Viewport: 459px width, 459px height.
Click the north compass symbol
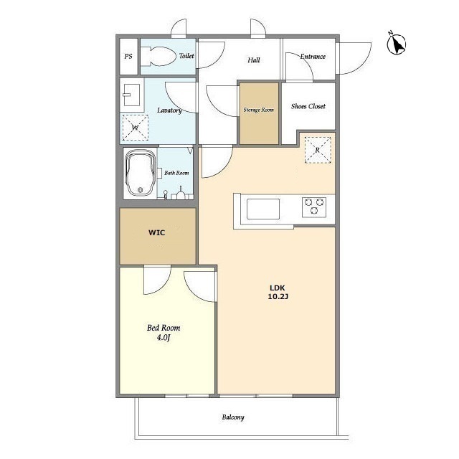(x=397, y=44)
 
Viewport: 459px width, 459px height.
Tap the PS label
(x=128, y=56)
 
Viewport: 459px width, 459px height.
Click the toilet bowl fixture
(x=157, y=56)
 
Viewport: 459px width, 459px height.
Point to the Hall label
(x=253, y=60)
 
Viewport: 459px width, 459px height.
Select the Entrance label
(x=313, y=57)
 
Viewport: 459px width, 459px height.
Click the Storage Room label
(x=259, y=110)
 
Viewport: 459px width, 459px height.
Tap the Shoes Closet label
(x=308, y=106)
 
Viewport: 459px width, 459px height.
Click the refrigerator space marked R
(x=318, y=150)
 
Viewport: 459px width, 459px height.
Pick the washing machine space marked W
(x=136, y=128)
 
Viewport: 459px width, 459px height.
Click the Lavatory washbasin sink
(x=131, y=95)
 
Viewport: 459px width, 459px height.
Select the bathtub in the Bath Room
(x=141, y=174)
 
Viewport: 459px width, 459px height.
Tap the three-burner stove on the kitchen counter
(x=314, y=207)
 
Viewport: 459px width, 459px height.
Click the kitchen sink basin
(x=263, y=209)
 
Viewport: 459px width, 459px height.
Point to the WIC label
(x=157, y=232)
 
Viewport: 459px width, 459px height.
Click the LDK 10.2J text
(x=278, y=292)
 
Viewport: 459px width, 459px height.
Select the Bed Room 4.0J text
(x=164, y=333)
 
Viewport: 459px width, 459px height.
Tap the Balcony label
(x=233, y=417)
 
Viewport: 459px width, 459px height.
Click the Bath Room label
(x=176, y=173)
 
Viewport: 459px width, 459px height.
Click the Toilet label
(x=186, y=56)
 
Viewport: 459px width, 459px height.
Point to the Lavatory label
(x=169, y=110)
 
